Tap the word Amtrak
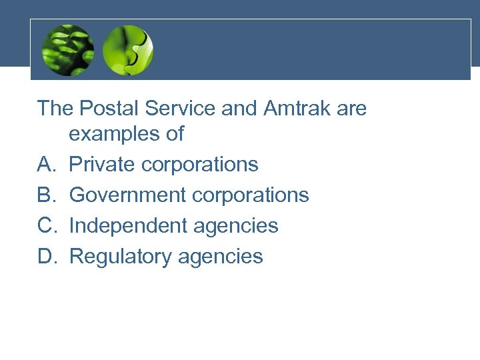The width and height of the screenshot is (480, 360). point(291,108)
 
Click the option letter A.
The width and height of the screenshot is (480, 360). point(45,164)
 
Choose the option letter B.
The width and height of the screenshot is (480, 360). point(45,195)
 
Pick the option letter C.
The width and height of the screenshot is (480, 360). point(46,225)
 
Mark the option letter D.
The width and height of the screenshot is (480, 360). point(46,256)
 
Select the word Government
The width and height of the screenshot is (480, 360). point(127,195)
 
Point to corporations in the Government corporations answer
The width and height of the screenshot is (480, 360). point(250,195)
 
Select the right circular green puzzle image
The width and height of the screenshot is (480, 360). point(129,50)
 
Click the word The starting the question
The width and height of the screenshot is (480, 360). point(55,108)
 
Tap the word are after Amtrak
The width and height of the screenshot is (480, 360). point(351,109)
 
